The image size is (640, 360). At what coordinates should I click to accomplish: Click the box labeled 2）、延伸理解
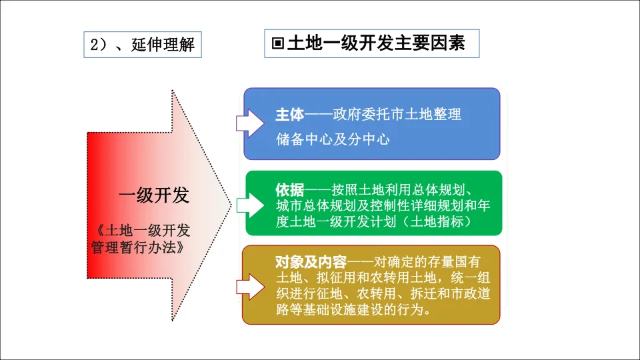[x=142, y=45]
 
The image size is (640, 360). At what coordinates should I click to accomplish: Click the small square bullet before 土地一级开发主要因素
[x=278, y=44]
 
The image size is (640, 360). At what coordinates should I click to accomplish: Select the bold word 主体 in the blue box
[x=289, y=115]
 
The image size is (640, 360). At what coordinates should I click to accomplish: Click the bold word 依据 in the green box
[x=289, y=189]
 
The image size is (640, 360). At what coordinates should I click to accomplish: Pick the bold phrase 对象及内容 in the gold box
[x=307, y=261]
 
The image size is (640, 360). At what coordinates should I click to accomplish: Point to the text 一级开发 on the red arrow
[x=154, y=195]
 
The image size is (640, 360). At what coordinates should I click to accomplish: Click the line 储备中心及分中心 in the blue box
[x=333, y=139]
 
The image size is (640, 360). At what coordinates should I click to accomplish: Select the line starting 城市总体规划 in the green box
[x=383, y=205]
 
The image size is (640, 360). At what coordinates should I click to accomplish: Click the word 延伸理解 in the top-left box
[x=163, y=45]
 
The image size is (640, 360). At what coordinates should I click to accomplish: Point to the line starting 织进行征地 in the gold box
[x=383, y=294]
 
